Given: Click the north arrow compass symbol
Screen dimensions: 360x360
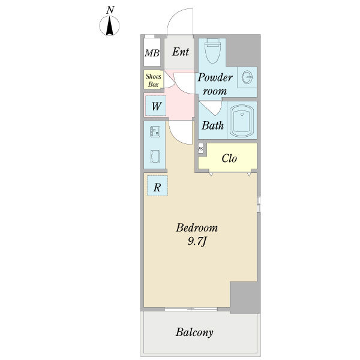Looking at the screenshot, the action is [109, 26].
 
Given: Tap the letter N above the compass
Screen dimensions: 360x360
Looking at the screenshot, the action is [110, 10].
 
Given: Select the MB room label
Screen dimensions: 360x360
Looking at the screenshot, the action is [152, 53].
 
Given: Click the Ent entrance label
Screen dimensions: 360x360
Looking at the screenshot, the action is [181, 52].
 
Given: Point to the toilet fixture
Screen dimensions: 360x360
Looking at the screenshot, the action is [213, 50].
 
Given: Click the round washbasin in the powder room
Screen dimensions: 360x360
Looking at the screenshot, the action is [247, 77].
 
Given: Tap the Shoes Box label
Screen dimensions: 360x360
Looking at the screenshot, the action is [154, 80].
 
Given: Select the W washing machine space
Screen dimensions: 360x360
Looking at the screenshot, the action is [155, 106].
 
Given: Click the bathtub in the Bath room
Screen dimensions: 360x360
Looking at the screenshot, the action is [242, 121].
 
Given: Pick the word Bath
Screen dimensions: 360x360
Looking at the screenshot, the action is [212, 125].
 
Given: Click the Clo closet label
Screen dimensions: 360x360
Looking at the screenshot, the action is [229, 158].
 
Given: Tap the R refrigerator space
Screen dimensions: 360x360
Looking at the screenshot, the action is [157, 186].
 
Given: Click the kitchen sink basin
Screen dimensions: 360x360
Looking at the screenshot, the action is [155, 157].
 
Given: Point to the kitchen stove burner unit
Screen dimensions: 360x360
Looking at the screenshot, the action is [155, 131].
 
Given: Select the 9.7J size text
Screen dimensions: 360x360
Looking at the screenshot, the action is [197, 242].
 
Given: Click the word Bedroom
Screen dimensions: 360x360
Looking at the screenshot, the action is [197, 228].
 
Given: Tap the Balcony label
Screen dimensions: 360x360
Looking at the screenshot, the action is [194, 332].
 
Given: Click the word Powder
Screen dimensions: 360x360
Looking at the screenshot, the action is [215, 77].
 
